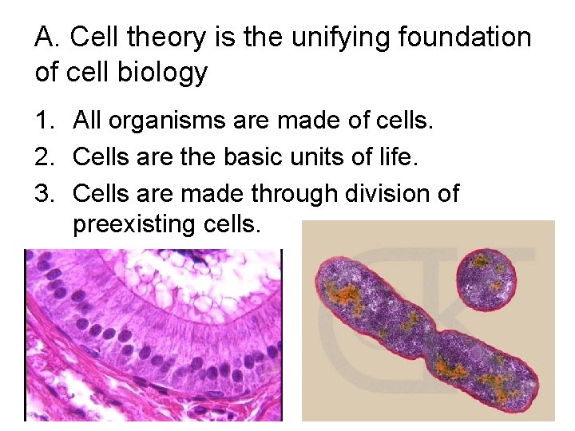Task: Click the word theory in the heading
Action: (x=169, y=37)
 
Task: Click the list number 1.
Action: (x=43, y=121)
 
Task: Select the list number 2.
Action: (x=43, y=157)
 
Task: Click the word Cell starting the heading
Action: (x=97, y=37)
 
